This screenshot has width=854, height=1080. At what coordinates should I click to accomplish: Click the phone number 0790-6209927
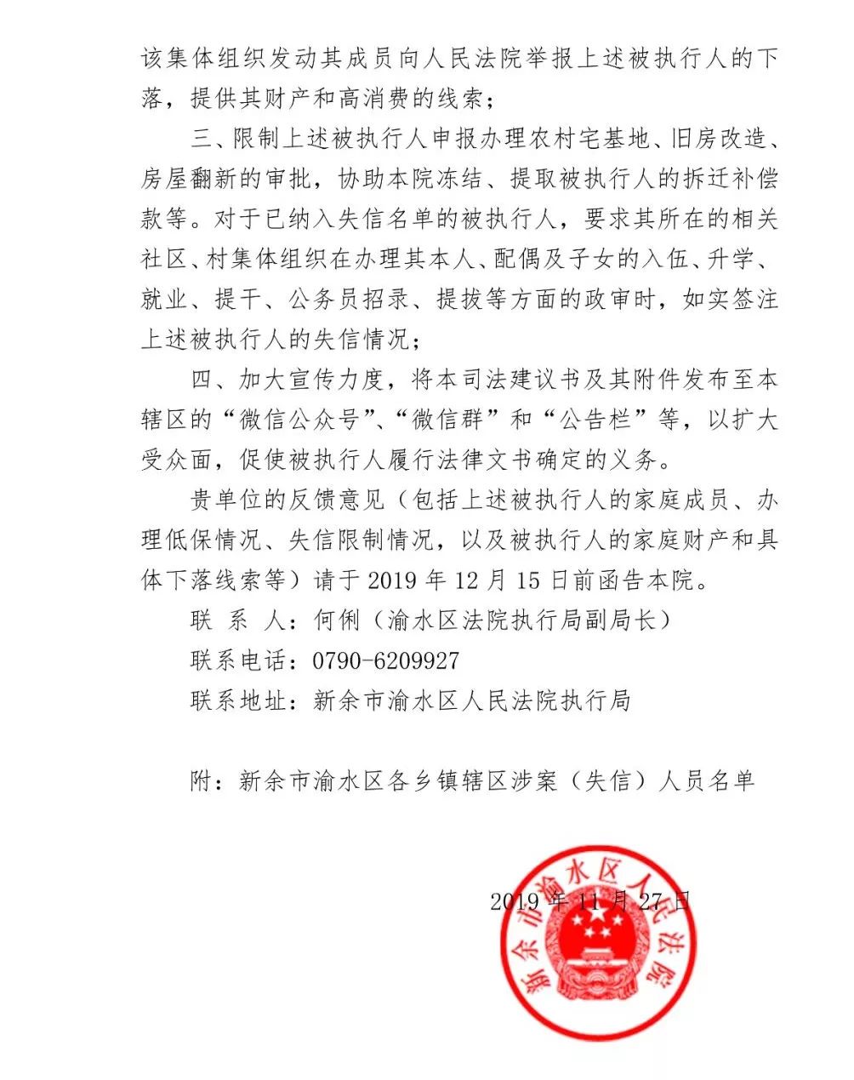[386, 661]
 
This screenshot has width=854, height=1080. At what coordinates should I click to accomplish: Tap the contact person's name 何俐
[338, 620]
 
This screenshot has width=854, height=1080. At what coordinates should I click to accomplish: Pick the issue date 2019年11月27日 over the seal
[591, 901]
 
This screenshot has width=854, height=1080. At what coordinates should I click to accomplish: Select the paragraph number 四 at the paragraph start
[201, 380]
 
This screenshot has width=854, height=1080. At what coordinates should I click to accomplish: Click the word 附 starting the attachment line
[201, 781]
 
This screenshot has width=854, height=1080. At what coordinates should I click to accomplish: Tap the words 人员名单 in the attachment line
[708, 781]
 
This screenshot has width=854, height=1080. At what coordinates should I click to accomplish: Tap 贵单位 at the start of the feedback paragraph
[225, 500]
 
